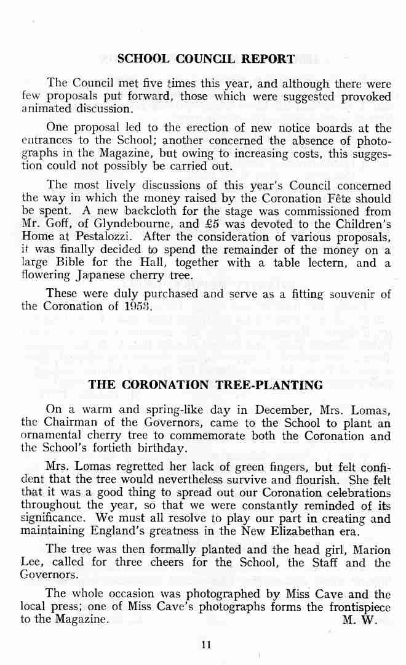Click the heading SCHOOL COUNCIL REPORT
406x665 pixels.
pos(206,59)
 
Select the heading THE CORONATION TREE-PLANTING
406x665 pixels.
pos(206,385)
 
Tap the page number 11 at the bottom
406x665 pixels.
pos(205,645)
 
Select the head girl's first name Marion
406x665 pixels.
pos(370,549)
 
